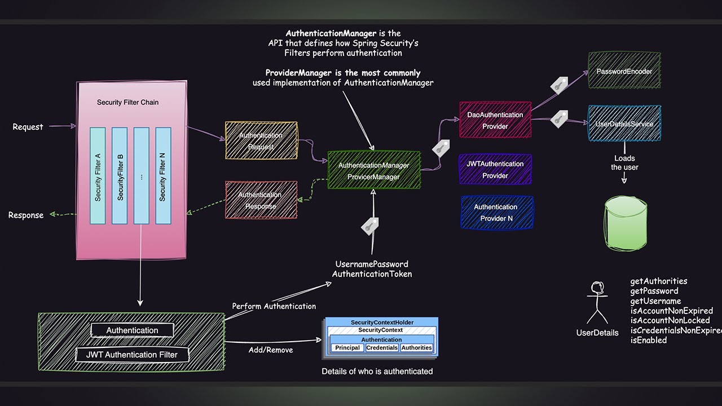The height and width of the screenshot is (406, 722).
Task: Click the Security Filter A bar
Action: point(98,176)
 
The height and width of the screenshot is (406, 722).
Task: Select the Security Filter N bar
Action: point(163,176)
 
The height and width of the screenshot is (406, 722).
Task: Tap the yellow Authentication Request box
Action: point(261,140)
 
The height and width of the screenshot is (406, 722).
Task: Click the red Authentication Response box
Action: point(261,200)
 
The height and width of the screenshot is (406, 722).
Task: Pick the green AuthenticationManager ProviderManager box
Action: point(373,170)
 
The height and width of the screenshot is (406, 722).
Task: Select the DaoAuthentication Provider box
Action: point(495,120)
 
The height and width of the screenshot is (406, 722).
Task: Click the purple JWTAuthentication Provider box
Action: point(495,169)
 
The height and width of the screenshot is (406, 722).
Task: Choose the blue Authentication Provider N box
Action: point(496,213)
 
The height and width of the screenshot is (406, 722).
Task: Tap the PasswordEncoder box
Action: point(624,71)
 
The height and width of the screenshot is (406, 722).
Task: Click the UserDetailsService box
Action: point(624,123)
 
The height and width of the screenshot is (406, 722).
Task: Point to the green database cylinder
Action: point(626,223)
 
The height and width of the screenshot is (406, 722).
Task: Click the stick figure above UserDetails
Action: point(597,302)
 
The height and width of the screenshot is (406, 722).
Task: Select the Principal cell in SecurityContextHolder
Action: point(347,348)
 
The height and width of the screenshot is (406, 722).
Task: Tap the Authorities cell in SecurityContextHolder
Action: point(417,348)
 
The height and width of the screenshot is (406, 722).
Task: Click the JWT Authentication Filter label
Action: point(132,355)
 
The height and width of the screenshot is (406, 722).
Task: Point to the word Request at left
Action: point(28,127)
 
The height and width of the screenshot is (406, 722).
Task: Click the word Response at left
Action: point(25,215)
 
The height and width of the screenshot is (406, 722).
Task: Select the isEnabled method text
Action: point(648,340)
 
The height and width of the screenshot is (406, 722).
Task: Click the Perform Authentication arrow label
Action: point(274,306)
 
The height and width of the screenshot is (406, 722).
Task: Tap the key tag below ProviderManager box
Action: point(369,226)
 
